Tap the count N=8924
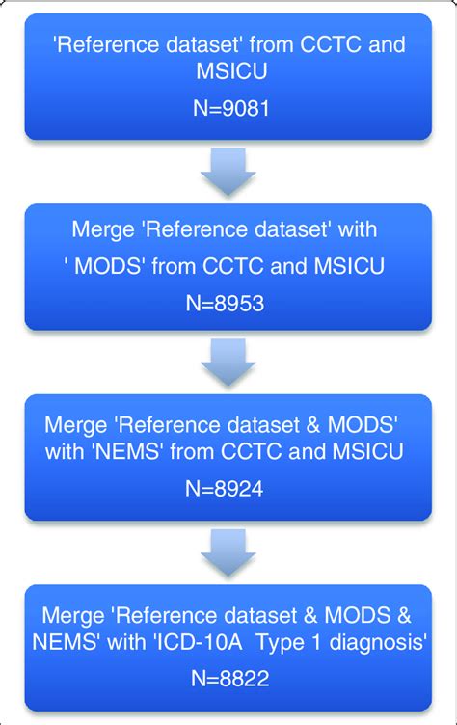tap(228, 489)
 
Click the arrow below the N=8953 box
tap(228, 363)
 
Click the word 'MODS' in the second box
tap(111, 266)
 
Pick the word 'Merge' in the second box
tap(101, 231)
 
